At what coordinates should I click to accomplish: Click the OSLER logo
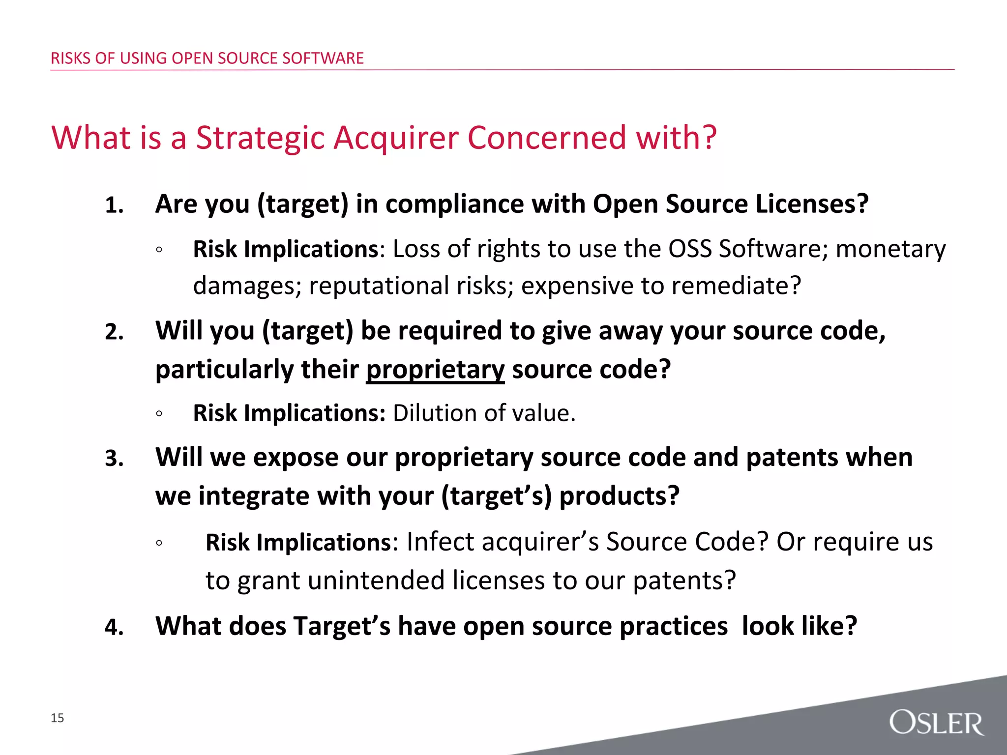[x=936, y=722]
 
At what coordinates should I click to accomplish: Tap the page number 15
[x=58, y=718]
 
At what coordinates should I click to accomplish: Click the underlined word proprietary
[x=435, y=370]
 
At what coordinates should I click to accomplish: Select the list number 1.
[x=114, y=205]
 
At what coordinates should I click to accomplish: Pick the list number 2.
[x=114, y=332]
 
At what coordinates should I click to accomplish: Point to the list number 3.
[x=114, y=459]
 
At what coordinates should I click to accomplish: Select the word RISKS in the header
[x=71, y=58]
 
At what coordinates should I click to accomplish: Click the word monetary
[x=890, y=249]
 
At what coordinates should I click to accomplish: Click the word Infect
[x=441, y=542]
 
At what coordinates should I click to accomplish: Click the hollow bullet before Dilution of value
[x=158, y=414]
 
